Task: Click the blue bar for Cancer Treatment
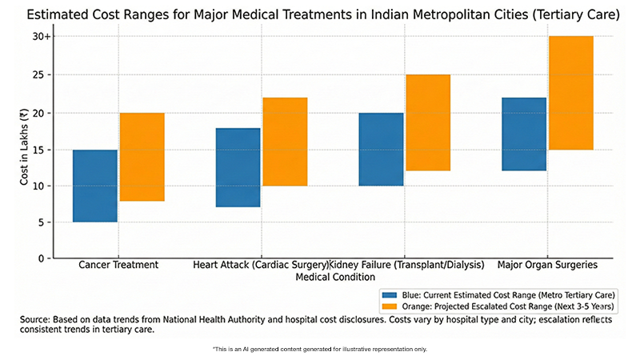(95, 186)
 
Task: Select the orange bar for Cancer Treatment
(142, 157)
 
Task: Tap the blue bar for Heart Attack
(238, 167)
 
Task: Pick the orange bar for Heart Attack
(286, 142)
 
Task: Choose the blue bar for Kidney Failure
(382, 149)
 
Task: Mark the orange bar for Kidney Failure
(428, 122)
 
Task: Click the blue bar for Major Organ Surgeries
(524, 134)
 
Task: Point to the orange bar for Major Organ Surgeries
(570, 93)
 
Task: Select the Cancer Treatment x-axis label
(118, 265)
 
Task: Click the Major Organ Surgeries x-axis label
(547, 265)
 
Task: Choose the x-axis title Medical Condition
(335, 277)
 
